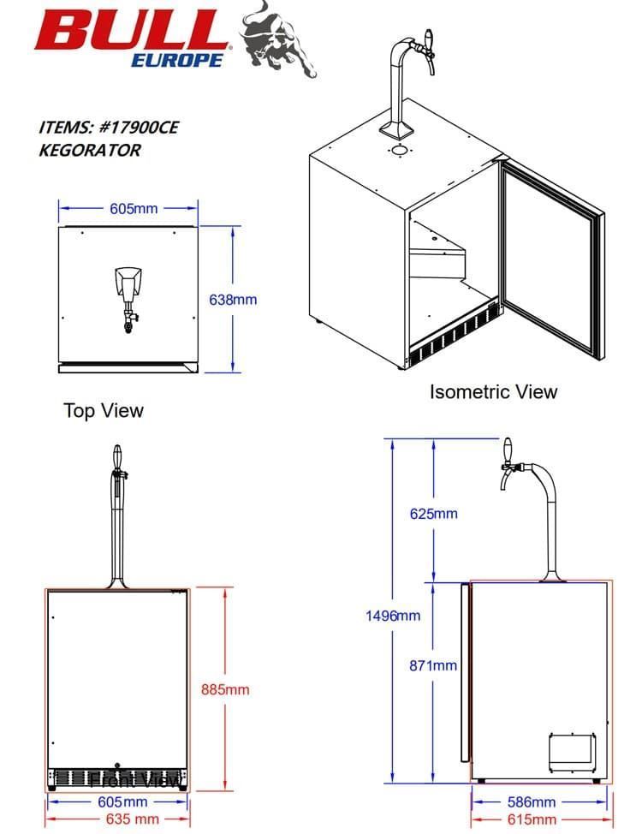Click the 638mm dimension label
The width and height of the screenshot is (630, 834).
(233, 300)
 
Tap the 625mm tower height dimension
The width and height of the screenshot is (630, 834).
(433, 514)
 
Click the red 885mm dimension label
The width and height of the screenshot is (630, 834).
(225, 688)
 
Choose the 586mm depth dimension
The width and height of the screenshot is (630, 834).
(531, 802)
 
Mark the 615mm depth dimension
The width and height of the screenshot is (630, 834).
(532, 820)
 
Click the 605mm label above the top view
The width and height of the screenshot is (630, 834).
(133, 208)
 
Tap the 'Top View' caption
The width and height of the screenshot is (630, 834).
(104, 411)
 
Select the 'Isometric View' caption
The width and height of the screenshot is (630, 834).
(493, 392)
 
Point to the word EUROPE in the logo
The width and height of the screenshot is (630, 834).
(177, 60)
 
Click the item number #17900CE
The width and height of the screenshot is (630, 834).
(140, 128)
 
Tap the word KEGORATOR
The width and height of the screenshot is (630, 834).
(90, 150)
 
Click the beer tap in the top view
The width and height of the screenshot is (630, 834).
(128, 296)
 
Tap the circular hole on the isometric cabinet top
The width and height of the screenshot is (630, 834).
(399, 150)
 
